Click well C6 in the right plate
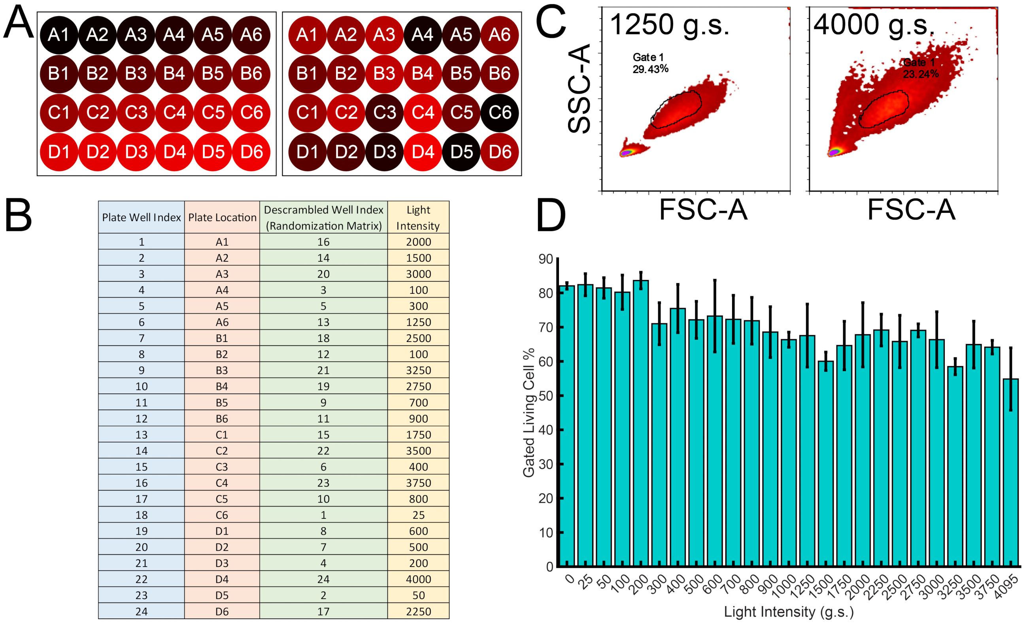(x=500, y=113)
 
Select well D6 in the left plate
(x=251, y=152)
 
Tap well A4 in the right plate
(x=422, y=35)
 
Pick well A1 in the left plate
(x=59, y=35)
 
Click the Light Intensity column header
(x=418, y=217)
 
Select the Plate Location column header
(x=222, y=217)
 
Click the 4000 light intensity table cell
(x=418, y=579)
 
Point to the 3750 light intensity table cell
(x=418, y=483)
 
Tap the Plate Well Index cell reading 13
(x=142, y=435)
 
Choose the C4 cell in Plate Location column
(x=222, y=483)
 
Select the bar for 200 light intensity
(x=641, y=423)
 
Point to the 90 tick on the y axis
(x=546, y=259)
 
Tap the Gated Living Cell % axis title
(x=528, y=413)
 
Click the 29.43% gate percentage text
(x=650, y=69)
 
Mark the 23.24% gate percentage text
(x=920, y=74)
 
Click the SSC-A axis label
(x=579, y=88)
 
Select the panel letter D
(x=551, y=215)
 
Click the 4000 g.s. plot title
(x=874, y=25)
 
